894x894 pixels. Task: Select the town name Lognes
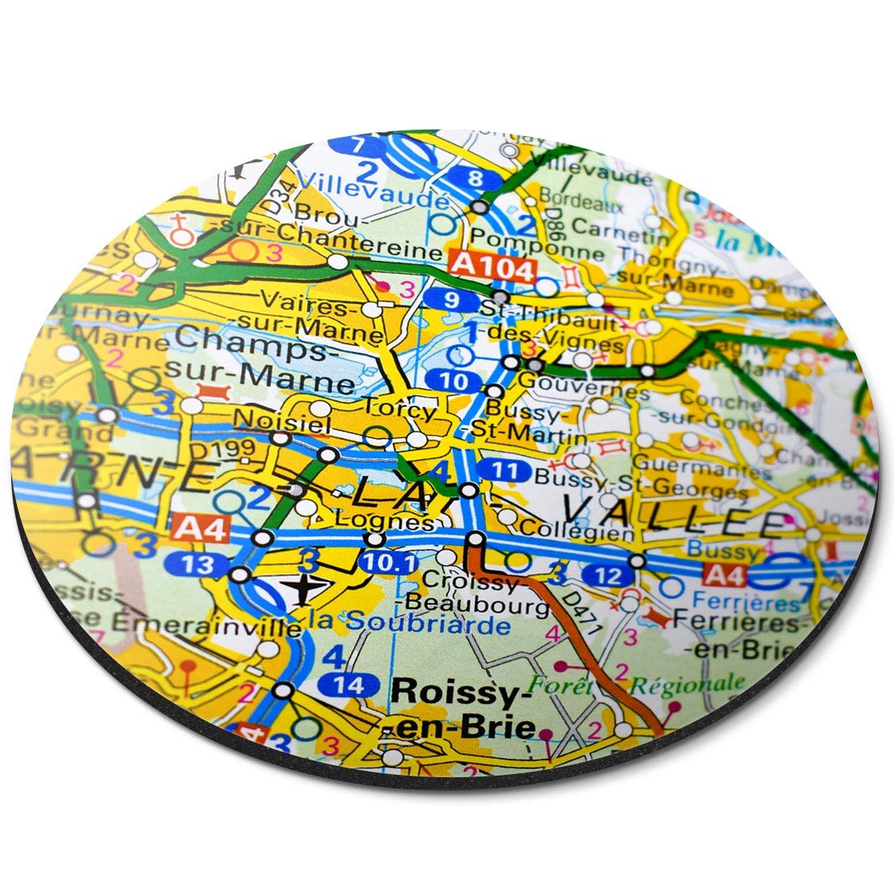point(399,522)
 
